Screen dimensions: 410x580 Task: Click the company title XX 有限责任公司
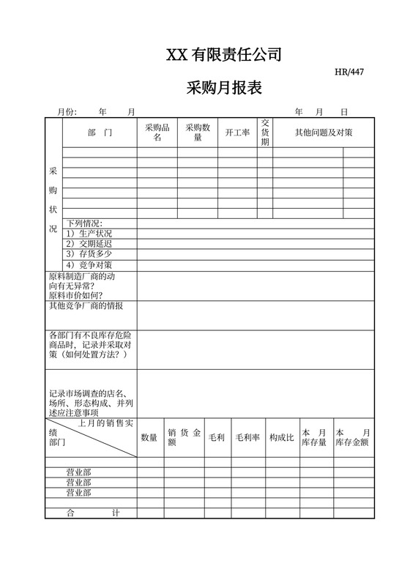pyautogui.click(x=224, y=55)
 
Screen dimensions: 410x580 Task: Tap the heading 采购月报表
pyautogui.click(x=224, y=89)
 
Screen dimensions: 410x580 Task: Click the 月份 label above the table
pyautogui.click(x=67, y=112)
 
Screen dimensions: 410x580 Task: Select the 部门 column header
pyautogui.click(x=100, y=133)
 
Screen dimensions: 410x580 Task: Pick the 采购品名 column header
pyautogui.click(x=157, y=133)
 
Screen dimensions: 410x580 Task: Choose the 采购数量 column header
pyautogui.click(x=197, y=133)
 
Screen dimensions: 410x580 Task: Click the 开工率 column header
pyautogui.click(x=237, y=133)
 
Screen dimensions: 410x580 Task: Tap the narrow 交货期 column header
pyautogui.click(x=265, y=133)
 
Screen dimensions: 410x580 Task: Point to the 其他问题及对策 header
pyautogui.click(x=324, y=133)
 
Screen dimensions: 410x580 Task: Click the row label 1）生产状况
pyautogui.click(x=89, y=234)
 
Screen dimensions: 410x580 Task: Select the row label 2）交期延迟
pyautogui.click(x=89, y=244)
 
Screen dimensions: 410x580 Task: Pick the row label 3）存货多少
pyautogui.click(x=89, y=254)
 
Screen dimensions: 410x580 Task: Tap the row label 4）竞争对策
pyautogui.click(x=89, y=264)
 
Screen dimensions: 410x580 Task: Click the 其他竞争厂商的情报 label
pyautogui.click(x=86, y=305)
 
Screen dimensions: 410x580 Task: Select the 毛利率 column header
pyautogui.click(x=247, y=437)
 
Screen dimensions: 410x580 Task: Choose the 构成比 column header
pyautogui.click(x=281, y=437)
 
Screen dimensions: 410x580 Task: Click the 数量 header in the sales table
pyautogui.click(x=149, y=437)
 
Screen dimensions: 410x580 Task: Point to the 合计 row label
pyautogui.click(x=92, y=513)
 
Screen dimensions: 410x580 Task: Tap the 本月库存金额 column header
pyautogui.click(x=353, y=437)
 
